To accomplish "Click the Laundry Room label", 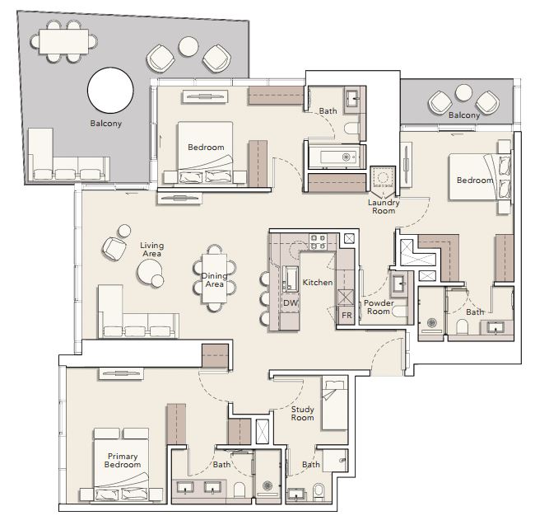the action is (x=384, y=207).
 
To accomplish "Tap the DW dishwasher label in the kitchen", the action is (x=291, y=302).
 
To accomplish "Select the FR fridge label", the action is (x=347, y=316).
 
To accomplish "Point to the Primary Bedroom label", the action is (x=123, y=461).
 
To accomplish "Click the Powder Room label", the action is (x=379, y=307).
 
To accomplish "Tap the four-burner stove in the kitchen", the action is (x=318, y=241).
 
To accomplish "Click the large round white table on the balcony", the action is (x=110, y=90).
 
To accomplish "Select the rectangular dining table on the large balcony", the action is (x=64, y=41).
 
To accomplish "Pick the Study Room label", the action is (x=302, y=413).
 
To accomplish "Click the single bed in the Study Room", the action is (x=335, y=403).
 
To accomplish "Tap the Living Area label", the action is (x=151, y=250).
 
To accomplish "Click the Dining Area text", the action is (x=214, y=279).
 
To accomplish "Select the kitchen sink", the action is (x=290, y=279).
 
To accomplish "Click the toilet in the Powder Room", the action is (x=399, y=311).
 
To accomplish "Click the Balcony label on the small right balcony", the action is (x=464, y=115).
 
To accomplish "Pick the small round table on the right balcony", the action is (x=463, y=92).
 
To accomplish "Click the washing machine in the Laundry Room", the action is (x=383, y=177).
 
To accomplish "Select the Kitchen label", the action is (x=318, y=283).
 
